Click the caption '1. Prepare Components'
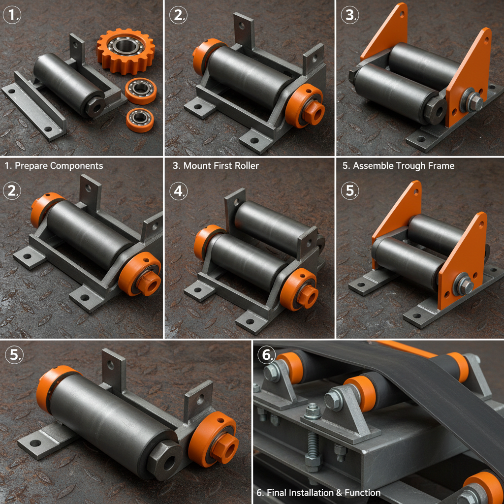click(x=54, y=166)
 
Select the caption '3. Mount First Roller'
click(x=216, y=166)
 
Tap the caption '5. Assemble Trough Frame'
click(x=398, y=166)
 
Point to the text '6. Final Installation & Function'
click(x=318, y=492)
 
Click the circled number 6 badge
click(x=266, y=355)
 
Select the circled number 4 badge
click(x=179, y=191)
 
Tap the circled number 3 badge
click(x=350, y=15)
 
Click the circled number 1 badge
click(x=12, y=15)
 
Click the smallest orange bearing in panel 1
click(x=139, y=120)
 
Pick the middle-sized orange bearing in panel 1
click(x=141, y=90)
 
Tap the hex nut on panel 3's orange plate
click(x=474, y=102)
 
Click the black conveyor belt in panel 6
click(x=423, y=389)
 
